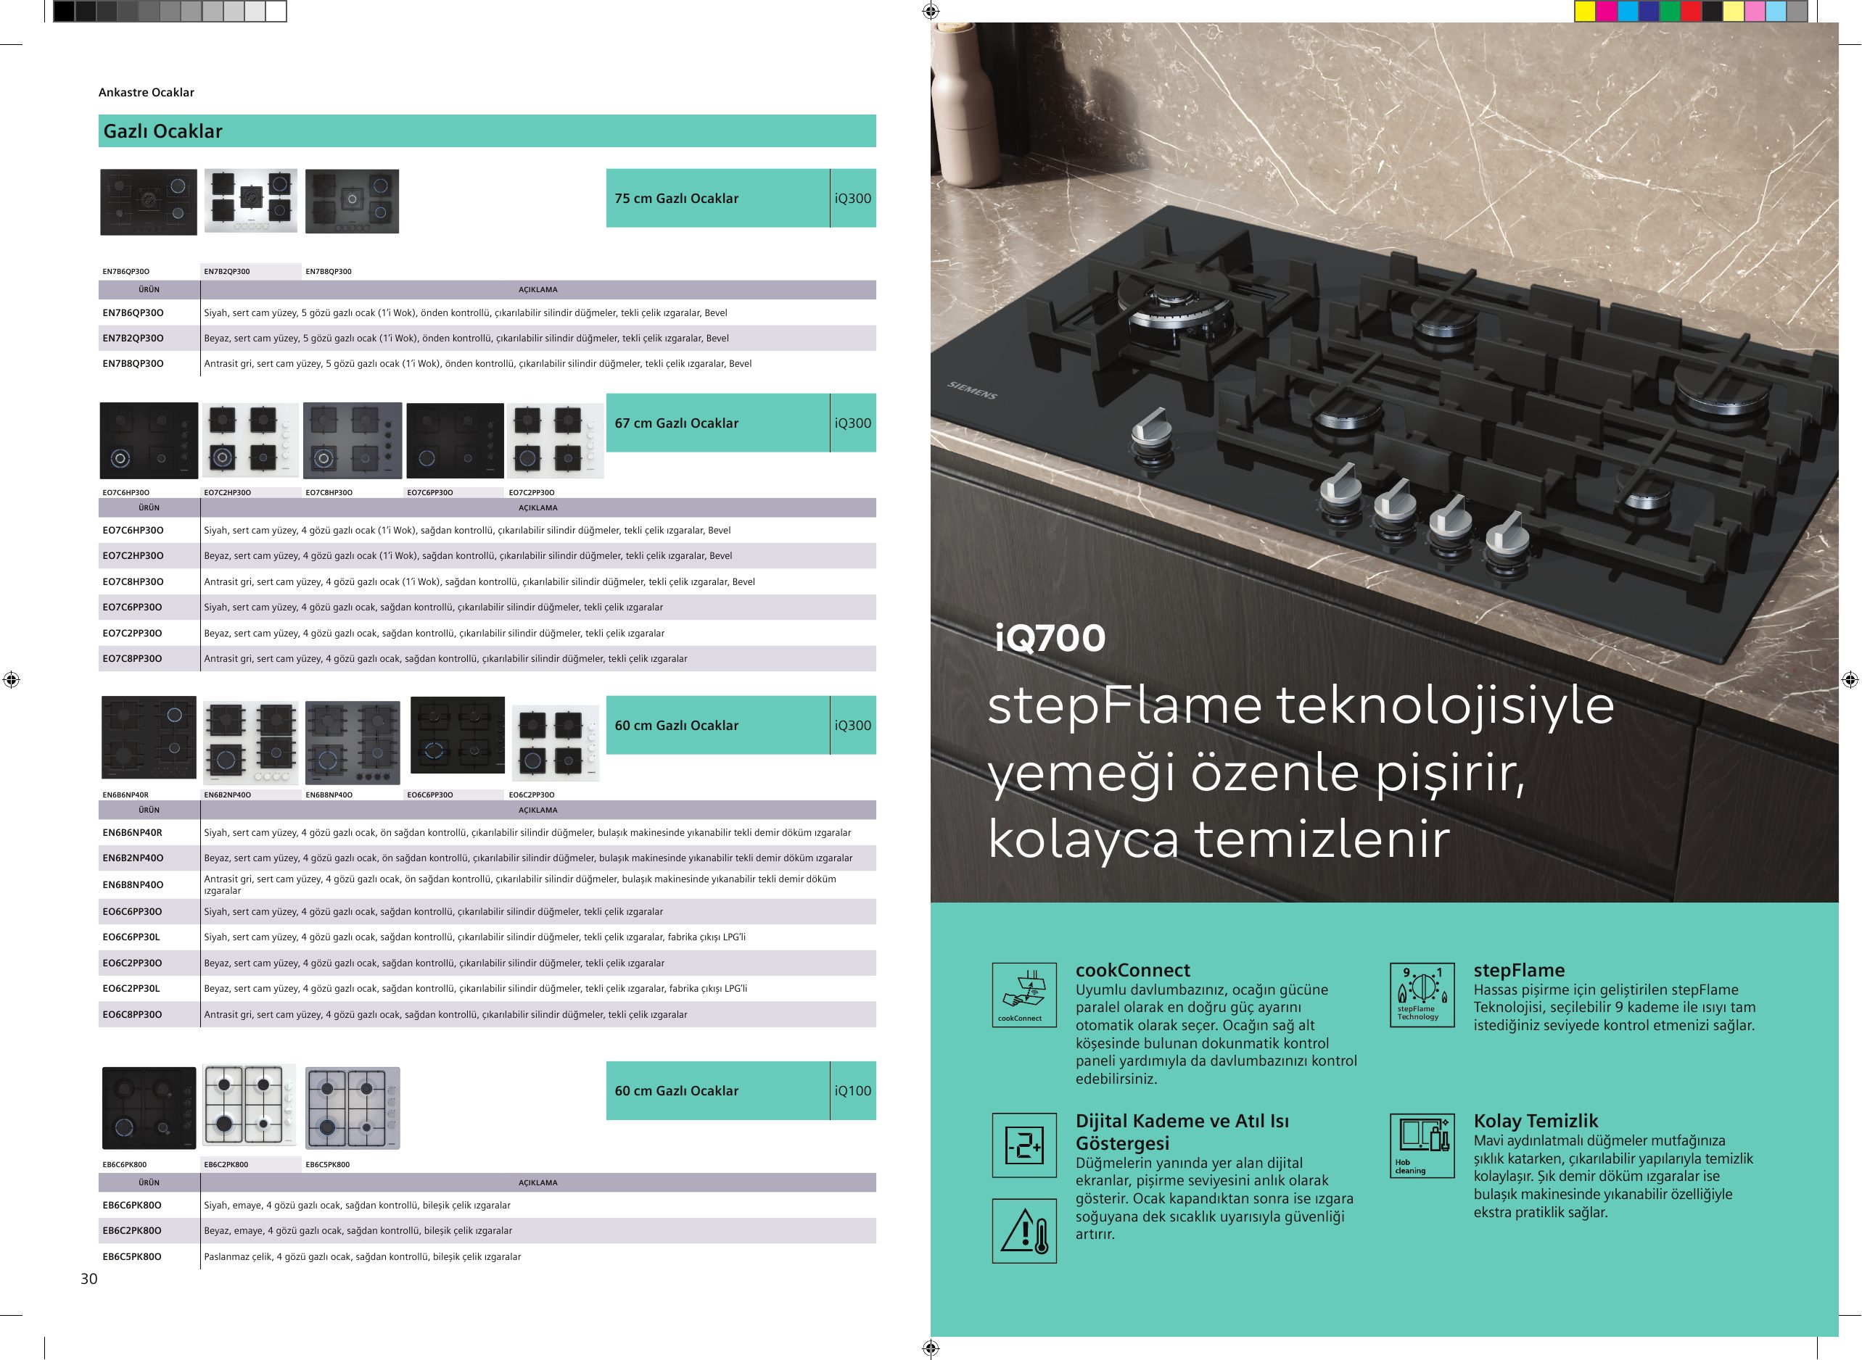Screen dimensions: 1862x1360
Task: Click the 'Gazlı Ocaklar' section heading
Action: [x=162, y=131]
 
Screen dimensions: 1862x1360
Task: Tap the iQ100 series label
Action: [x=852, y=1091]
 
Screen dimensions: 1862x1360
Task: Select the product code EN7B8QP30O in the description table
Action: [x=133, y=364]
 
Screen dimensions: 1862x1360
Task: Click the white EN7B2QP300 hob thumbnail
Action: [x=250, y=201]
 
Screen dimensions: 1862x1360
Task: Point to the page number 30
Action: [x=89, y=1279]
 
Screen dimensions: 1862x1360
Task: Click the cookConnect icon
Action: [x=1024, y=995]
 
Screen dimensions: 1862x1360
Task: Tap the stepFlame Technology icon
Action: [x=1422, y=995]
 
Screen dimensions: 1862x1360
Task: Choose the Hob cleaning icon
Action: [x=1422, y=1145]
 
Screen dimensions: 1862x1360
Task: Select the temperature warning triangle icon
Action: [x=1024, y=1231]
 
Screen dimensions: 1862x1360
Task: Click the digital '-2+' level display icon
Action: [x=1024, y=1145]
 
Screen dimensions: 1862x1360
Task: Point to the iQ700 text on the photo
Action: [x=1050, y=638]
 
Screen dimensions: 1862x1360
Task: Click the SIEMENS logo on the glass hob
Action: [x=972, y=390]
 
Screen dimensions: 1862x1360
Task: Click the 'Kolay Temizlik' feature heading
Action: [x=1536, y=1121]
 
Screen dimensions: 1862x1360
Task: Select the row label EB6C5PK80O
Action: [x=132, y=1256]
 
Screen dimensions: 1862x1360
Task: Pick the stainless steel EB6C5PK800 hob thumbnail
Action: [x=353, y=1108]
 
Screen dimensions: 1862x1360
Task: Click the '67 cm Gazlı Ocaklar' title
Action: [x=677, y=423]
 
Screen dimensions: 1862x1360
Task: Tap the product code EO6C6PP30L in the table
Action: [x=131, y=937]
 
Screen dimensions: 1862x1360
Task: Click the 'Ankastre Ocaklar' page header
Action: [x=147, y=92]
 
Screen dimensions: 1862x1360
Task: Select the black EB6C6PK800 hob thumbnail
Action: [x=149, y=1108]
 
